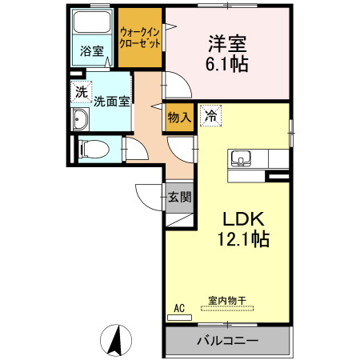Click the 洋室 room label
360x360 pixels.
pos(226,42)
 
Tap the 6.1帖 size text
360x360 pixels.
pos(226,64)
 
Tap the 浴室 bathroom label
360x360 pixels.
pos(91,52)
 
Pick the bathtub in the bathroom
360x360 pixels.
pos(91,29)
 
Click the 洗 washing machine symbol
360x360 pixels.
pos(80,91)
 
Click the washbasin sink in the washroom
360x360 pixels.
pos(81,121)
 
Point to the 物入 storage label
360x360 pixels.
pos(178,117)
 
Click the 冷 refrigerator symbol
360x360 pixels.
pos(210,115)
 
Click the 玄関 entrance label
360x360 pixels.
pos(178,197)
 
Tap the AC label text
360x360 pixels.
pos(179,307)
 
